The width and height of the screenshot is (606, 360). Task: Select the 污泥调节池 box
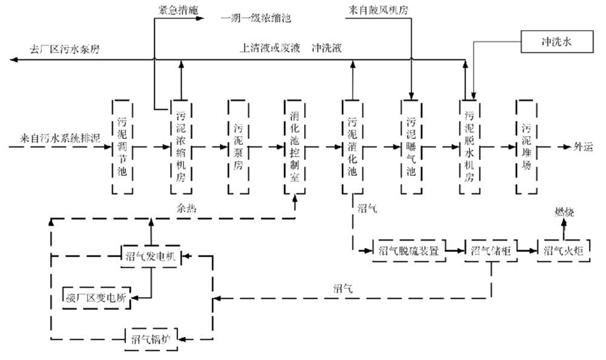pos(122,147)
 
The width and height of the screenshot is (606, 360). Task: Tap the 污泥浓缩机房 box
pos(181,147)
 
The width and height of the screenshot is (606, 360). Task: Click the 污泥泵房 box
pos(239,147)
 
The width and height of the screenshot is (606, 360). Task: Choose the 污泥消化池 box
pos(353,147)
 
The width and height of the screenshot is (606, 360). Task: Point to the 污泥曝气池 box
pos(411,147)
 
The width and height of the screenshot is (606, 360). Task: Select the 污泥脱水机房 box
pos(469,147)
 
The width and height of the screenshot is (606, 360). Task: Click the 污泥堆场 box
pos(526,147)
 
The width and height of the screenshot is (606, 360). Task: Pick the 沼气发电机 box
pos(149,256)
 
